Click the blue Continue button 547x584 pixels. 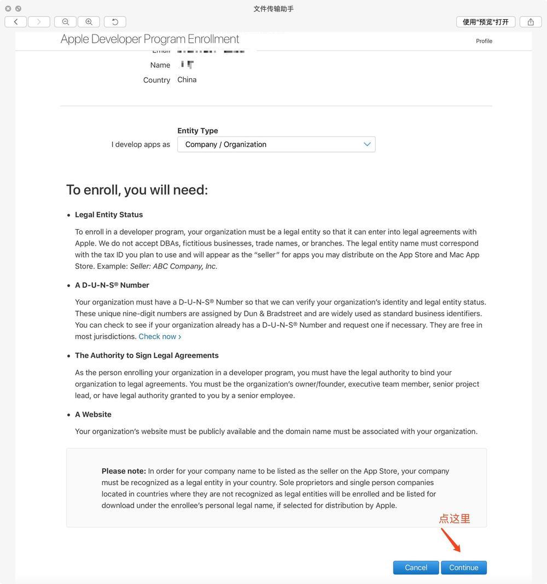tap(464, 568)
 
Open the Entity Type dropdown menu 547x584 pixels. tap(276, 144)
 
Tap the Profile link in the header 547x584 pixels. tap(484, 41)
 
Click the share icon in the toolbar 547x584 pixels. tap(531, 22)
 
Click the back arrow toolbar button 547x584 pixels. tap(16, 22)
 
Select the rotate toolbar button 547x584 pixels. tap(115, 22)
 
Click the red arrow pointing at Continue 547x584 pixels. tap(451, 540)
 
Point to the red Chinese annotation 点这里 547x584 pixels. tap(455, 519)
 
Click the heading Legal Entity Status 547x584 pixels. tap(109, 214)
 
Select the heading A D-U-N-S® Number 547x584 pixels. tap(112, 285)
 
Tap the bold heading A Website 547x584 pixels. tap(93, 414)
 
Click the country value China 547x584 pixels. tap(187, 80)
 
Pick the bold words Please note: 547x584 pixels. tap(124, 471)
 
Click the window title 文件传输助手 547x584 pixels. tap(273, 9)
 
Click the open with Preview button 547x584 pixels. tap(486, 22)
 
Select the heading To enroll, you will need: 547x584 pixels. tap(137, 190)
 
